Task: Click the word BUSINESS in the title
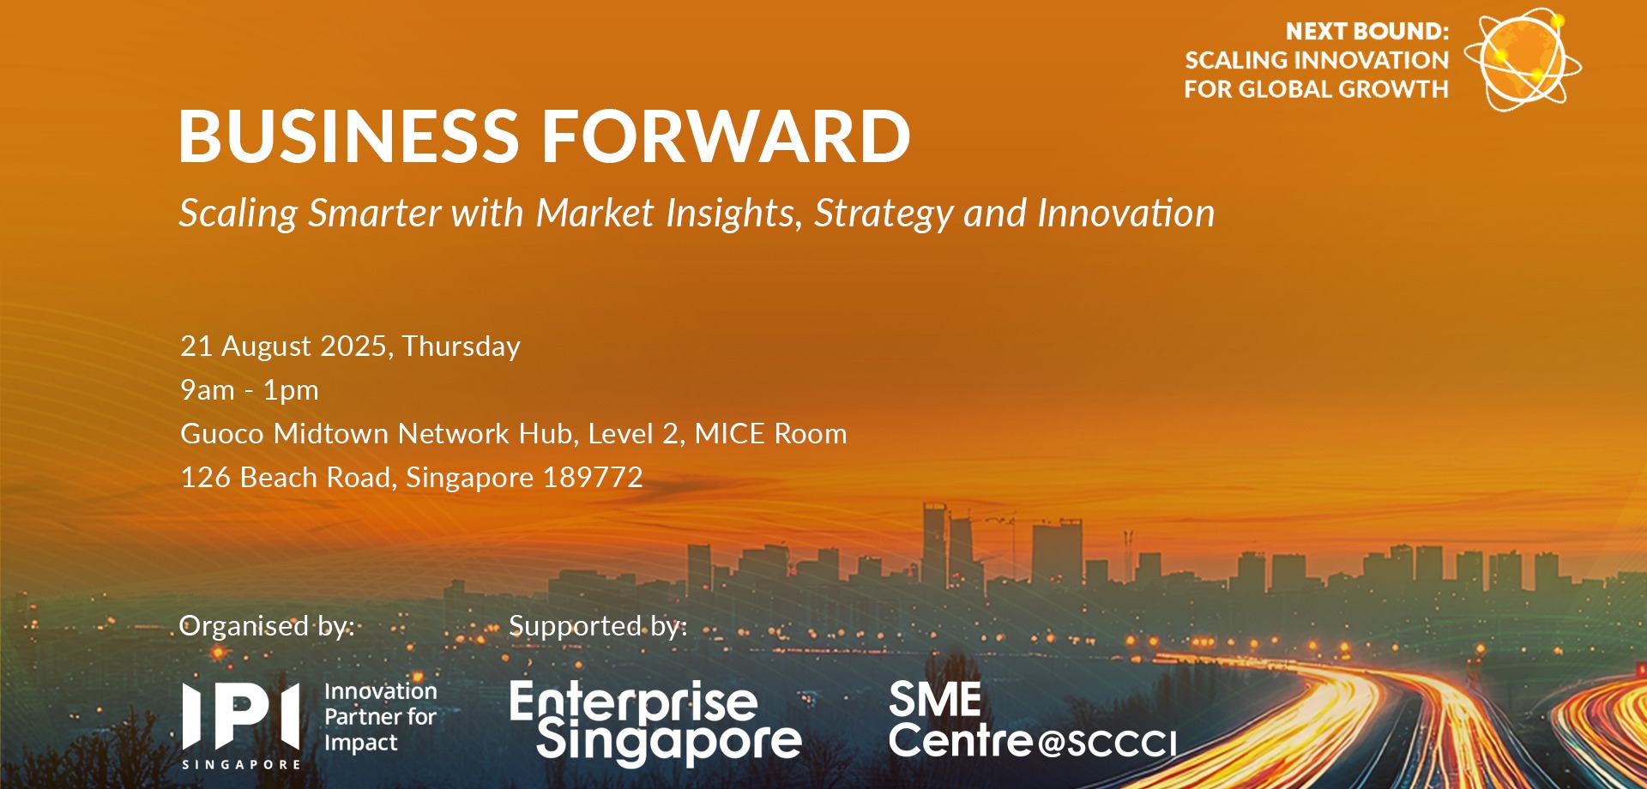pos(348,136)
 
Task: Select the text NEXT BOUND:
pos(1366,32)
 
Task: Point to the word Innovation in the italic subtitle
pos(1125,213)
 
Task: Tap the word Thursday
pos(461,346)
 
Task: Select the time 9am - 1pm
pos(249,390)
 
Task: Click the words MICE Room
pos(770,434)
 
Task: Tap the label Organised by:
pos(266,626)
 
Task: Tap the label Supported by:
pos(598,626)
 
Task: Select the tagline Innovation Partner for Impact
pos(380,717)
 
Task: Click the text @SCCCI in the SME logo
pos(1107,744)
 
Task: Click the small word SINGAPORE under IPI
pos(241,764)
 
